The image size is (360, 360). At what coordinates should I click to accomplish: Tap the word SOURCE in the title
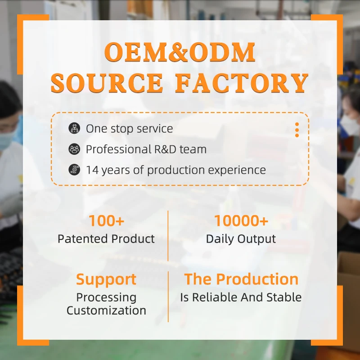[107, 83]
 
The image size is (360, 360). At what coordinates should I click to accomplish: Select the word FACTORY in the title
[242, 83]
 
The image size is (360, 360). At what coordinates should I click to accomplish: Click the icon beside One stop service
[74, 128]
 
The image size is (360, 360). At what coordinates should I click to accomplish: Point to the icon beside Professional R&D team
[74, 149]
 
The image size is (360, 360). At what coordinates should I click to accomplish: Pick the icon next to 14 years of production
[74, 170]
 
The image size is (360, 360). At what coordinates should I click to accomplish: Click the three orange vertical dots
[297, 130]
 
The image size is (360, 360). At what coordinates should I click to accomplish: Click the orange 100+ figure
[106, 221]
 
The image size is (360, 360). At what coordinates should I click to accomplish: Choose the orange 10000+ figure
[241, 221]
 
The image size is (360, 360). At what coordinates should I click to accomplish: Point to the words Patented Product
[106, 239]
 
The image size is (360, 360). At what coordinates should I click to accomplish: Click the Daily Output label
[241, 239]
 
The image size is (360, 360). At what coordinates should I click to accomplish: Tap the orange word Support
[106, 279]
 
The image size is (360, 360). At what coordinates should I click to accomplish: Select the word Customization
[106, 310]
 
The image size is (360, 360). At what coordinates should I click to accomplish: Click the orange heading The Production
[241, 279]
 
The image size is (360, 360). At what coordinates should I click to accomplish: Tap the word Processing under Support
[106, 297]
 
